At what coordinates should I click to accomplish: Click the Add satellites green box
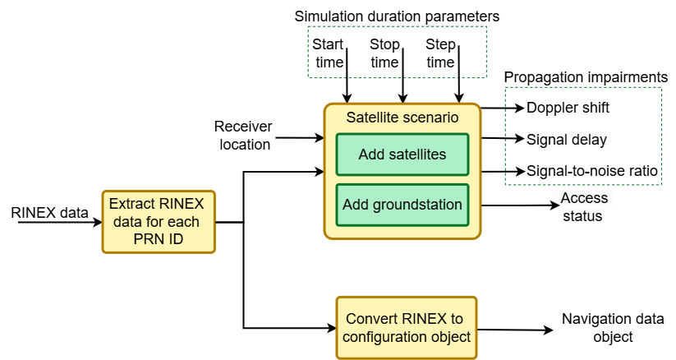[402, 155]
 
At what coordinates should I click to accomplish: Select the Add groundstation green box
[402, 205]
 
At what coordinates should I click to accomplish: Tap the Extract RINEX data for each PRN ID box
[159, 221]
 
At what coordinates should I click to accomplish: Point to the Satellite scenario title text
[402, 118]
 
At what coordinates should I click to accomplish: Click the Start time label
[329, 53]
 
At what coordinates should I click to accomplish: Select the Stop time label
[384, 53]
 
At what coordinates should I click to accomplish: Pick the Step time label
[440, 53]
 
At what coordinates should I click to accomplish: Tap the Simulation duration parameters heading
[397, 16]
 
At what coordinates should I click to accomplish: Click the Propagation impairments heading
[585, 76]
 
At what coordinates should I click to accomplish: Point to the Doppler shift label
[568, 108]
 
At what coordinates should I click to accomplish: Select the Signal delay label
[566, 140]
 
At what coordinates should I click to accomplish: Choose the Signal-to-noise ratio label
[592, 172]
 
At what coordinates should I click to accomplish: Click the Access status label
[584, 207]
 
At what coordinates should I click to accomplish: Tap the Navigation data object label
[597, 328]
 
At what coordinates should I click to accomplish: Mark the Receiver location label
[242, 136]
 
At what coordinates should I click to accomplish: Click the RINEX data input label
[49, 214]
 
